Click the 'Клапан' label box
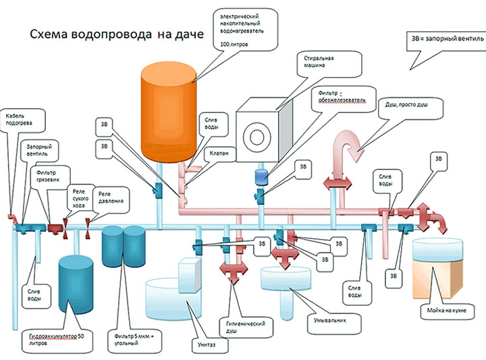click(x=227, y=153)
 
